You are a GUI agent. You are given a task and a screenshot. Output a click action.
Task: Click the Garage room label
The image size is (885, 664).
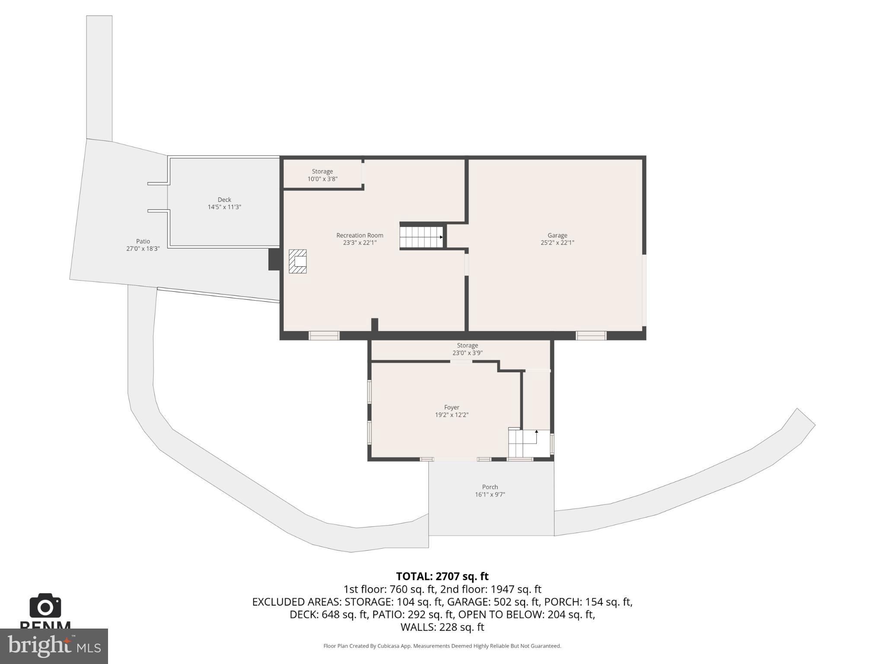click(557, 239)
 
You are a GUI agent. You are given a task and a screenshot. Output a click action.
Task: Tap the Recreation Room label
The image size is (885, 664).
click(360, 239)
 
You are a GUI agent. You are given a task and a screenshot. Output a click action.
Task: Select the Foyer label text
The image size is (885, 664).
click(452, 411)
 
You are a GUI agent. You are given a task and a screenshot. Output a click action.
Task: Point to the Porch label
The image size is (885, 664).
click(490, 491)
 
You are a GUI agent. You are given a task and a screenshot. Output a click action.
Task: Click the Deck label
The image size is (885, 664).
click(224, 203)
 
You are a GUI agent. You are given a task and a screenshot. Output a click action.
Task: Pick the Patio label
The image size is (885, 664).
click(143, 245)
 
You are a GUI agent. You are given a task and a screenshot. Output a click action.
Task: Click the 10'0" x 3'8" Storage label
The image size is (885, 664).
click(322, 175)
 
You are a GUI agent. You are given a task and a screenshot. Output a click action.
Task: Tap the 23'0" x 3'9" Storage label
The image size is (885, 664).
click(467, 349)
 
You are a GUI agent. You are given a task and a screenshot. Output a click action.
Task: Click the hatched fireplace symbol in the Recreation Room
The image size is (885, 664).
click(298, 261)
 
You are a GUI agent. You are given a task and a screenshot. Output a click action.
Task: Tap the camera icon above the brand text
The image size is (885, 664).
click(45, 606)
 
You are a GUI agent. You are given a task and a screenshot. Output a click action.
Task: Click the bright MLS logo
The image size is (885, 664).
click(54, 646)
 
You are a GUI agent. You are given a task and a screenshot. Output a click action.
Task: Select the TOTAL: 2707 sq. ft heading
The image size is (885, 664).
click(442, 576)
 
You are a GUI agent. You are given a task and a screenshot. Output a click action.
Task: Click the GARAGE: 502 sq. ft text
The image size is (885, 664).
click(493, 602)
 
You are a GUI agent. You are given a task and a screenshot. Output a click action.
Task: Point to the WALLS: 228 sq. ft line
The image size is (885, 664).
click(442, 627)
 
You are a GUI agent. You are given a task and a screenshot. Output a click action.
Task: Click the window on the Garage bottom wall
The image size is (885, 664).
click(591, 335)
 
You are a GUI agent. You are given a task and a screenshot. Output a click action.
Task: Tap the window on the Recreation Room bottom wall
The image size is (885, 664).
click(324, 335)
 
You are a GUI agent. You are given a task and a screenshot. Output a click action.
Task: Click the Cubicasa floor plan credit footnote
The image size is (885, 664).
click(442, 646)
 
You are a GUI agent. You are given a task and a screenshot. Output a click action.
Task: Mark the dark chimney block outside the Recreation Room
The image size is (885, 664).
click(274, 259)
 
